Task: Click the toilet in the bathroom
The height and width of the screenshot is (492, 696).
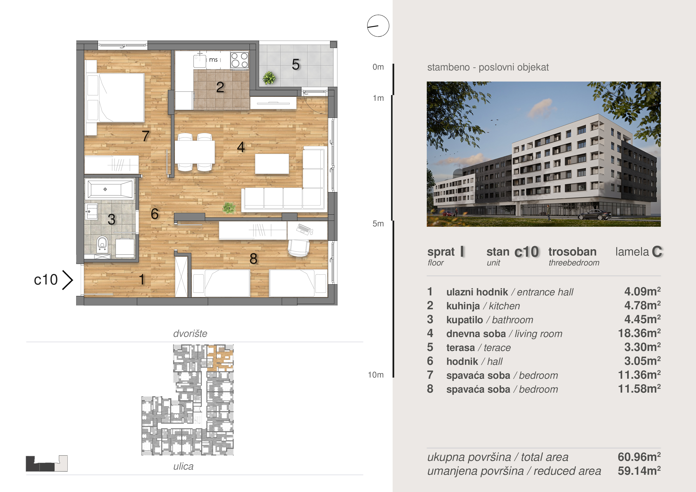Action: tap(102, 244)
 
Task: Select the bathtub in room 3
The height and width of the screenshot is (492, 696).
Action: tap(110, 189)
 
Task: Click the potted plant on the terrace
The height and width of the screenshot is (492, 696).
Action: tap(269, 78)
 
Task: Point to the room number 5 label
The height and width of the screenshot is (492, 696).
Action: tap(296, 64)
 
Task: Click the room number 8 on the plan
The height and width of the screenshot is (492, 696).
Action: tap(253, 258)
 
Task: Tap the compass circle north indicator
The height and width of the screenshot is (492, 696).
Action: tap(378, 26)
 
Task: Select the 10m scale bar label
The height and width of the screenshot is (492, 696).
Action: tap(376, 375)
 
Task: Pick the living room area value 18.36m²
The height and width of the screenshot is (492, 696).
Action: tap(639, 333)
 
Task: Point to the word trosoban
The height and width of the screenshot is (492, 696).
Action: tap(572, 252)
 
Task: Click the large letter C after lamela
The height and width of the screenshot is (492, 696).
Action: tap(657, 252)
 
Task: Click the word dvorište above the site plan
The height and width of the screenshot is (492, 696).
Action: tap(190, 333)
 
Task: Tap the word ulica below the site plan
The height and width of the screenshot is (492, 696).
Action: tap(183, 466)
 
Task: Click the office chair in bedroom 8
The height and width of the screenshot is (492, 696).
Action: tap(299, 248)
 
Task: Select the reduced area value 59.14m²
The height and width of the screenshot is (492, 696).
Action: tap(639, 471)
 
